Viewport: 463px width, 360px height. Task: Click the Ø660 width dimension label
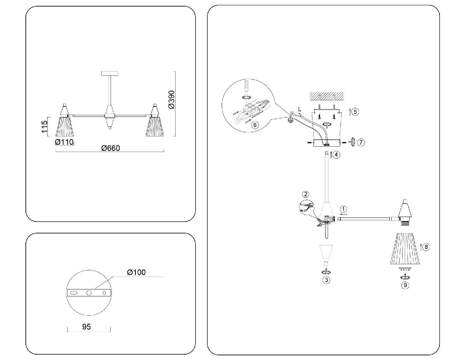point(111,149)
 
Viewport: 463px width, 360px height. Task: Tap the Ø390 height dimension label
point(171,100)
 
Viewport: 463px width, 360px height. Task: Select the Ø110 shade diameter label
point(64,142)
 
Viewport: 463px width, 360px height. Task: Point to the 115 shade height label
point(44,127)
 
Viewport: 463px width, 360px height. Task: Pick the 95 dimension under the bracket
point(86,326)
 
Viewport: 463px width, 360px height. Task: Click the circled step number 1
point(343,209)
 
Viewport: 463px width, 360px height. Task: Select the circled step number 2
point(306,194)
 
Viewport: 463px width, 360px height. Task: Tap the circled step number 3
point(326,280)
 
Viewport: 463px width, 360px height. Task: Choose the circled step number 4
point(337,155)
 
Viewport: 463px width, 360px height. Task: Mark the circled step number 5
point(355,112)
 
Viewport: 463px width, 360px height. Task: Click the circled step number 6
point(254,125)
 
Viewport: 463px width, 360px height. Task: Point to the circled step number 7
point(360,142)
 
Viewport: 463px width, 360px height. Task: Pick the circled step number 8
point(426,247)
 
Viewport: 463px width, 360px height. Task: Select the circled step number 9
point(405,285)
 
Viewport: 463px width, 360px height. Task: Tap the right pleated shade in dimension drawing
point(155,126)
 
